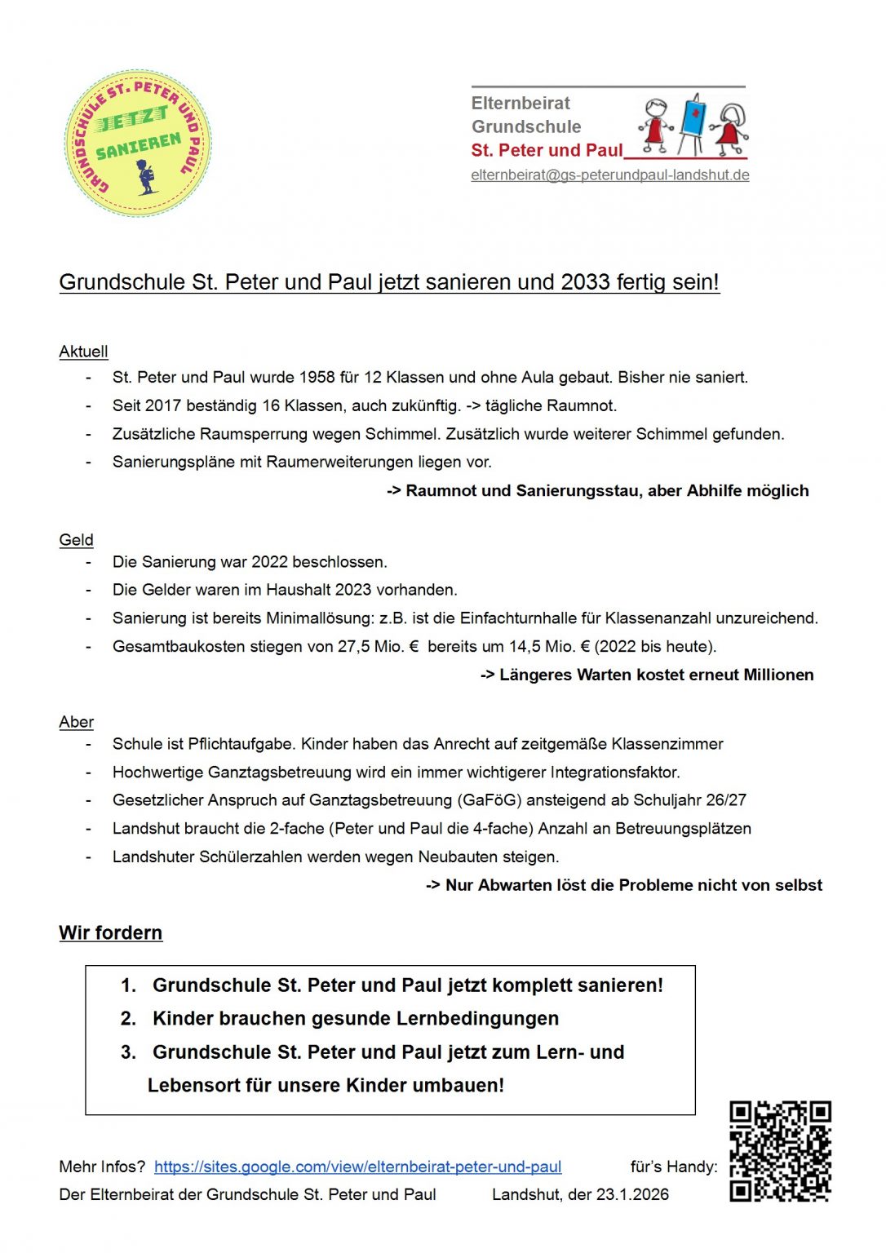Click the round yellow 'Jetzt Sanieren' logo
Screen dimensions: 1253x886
137,143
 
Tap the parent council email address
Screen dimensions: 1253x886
609,175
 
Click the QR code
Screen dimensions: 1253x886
780,1151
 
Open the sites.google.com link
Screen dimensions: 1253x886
357,1167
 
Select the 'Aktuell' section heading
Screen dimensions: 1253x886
83,352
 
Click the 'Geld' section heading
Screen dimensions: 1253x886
76,540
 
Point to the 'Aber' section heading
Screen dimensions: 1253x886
76,722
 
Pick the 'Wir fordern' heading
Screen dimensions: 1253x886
110,932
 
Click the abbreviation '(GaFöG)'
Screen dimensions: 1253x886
490,800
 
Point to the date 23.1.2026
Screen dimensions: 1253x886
632,1194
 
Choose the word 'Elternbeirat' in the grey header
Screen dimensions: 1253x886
521,104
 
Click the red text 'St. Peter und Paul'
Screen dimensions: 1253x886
547,151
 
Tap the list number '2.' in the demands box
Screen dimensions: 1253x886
128,1019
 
